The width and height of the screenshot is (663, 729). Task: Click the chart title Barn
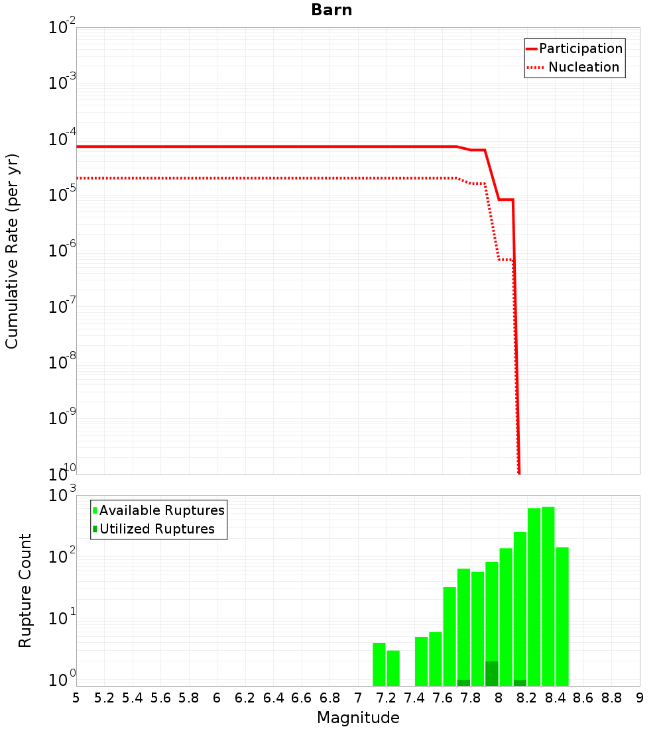pos(331,11)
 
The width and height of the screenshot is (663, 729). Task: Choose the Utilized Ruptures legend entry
pos(156,530)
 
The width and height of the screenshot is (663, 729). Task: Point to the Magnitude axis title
pos(358,718)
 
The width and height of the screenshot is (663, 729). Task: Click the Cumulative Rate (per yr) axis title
pos(12,251)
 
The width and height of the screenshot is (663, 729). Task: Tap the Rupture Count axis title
pos(25,590)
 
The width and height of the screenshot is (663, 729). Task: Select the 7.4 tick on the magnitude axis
pos(414,698)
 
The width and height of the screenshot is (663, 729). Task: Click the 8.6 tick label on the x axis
pos(583,698)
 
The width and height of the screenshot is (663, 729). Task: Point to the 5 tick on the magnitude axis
pos(76,698)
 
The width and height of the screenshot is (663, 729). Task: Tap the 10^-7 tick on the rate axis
pos(62,308)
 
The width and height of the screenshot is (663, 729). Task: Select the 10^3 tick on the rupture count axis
pos(62,496)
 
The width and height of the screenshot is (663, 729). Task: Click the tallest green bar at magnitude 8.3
pos(548,596)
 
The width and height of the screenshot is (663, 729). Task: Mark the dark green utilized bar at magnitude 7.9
pos(492,673)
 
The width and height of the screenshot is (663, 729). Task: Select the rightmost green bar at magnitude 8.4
pos(562,616)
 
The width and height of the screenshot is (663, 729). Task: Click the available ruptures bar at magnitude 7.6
pos(436,659)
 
